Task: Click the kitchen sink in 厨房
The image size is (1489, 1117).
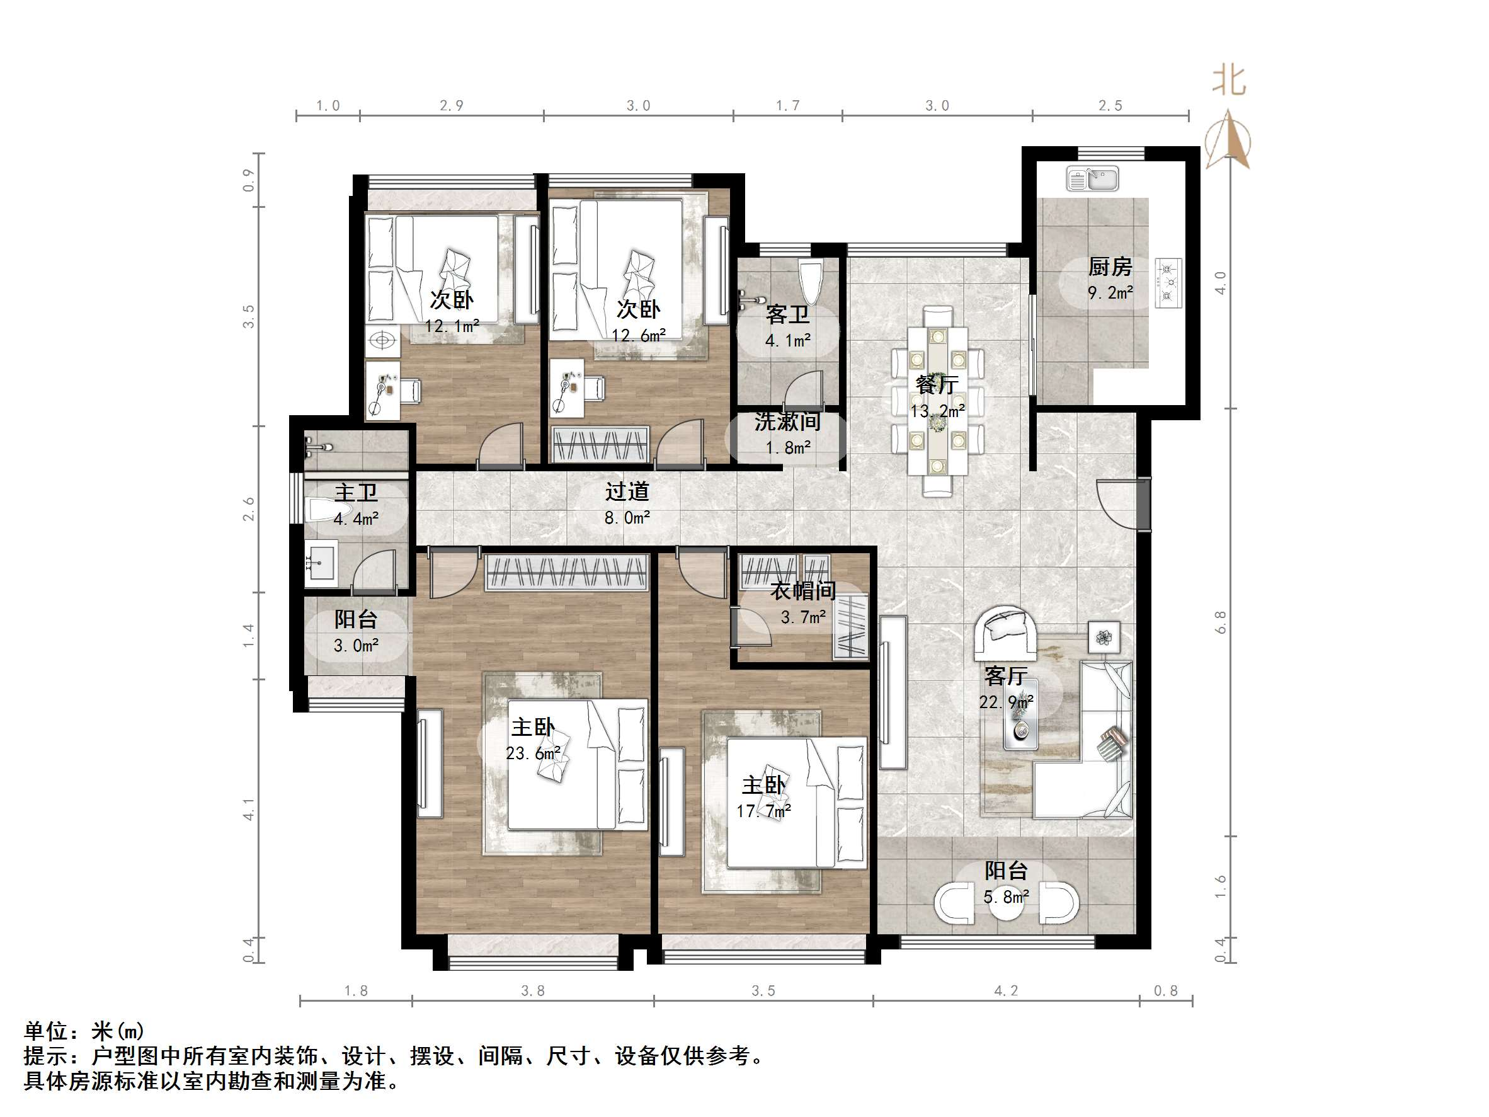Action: (1092, 179)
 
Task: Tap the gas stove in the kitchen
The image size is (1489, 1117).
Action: (1168, 283)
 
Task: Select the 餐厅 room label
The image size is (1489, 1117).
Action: (937, 385)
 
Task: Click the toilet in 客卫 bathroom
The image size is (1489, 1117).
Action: (810, 283)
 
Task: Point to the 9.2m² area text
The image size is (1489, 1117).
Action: (1110, 293)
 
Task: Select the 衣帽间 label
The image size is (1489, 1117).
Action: (803, 591)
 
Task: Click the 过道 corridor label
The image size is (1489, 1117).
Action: (627, 492)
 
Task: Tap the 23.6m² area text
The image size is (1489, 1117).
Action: (533, 753)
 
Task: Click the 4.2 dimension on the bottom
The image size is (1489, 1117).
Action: (1006, 990)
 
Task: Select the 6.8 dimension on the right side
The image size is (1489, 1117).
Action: (1220, 621)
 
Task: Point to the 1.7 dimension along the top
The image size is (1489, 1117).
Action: (787, 106)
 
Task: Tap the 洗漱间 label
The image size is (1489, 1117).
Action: (787, 422)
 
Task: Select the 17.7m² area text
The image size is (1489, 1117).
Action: (763, 811)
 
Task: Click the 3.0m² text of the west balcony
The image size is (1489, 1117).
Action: (356, 646)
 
